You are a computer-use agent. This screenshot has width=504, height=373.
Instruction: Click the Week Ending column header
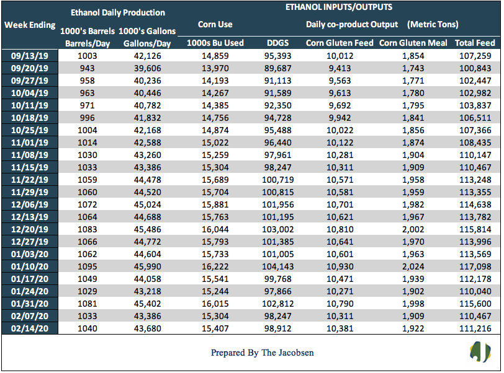[30, 25]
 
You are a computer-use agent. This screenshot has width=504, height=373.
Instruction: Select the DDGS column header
[277, 43]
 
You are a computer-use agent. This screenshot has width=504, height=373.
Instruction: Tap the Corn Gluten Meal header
[413, 43]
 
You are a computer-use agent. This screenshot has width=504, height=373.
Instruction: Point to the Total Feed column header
[475, 43]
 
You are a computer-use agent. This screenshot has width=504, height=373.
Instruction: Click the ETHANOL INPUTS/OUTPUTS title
[339, 7]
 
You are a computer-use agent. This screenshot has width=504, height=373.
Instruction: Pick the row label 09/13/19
[30, 56]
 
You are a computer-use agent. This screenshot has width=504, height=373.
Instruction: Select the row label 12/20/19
[30, 229]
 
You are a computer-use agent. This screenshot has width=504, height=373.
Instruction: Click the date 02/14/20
[30, 329]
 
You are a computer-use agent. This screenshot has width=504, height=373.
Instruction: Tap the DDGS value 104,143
[277, 267]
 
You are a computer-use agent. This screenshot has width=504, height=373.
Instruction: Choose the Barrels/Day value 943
[87, 68]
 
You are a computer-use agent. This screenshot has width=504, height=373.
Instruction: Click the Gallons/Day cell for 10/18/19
[147, 118]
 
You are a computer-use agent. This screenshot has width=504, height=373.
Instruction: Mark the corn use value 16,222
[215, 267]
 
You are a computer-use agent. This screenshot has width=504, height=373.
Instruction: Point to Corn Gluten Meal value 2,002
[413, 229]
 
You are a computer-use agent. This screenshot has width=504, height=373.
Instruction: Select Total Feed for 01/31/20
[475, 304]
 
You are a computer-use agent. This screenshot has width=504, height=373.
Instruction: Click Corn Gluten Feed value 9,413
[340, 68]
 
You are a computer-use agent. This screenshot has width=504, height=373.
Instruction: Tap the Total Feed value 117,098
[475, 267]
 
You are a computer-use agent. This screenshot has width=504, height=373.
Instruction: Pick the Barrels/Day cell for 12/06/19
[87, 205]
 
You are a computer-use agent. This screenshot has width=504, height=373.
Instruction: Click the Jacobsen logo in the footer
[480, 352]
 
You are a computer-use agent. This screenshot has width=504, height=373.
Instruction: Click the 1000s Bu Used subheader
[215, 43]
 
